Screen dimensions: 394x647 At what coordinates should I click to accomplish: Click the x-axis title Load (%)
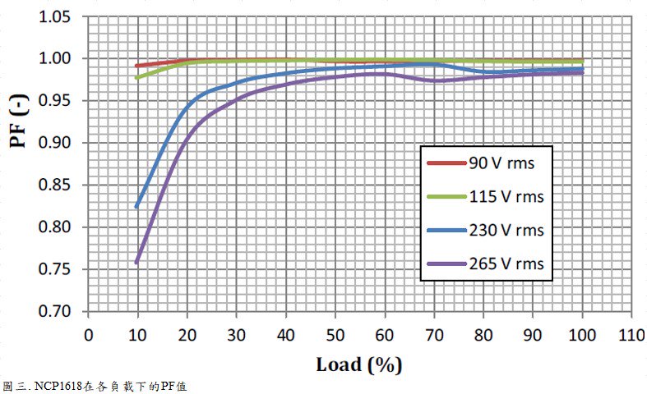tap(359, 364)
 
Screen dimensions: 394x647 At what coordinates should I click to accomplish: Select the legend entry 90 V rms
tap(501, 163)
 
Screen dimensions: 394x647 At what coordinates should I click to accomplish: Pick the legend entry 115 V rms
tap(506, 197)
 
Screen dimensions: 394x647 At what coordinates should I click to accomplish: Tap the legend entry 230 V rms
tap(506, 231)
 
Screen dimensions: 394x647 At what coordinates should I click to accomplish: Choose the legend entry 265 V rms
tap(506, 263)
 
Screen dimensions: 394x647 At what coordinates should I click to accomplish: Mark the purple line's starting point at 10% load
tap(137, 262)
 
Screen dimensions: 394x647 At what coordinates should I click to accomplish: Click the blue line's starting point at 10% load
tap(137, 207)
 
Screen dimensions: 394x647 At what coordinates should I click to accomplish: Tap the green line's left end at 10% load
tap(137, 78)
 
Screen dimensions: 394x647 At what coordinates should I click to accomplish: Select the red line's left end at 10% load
tap(137, 66)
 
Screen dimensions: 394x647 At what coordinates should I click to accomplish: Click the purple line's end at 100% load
tap(582, 72)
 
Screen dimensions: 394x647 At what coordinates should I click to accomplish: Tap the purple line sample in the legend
tap(446, 263)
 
